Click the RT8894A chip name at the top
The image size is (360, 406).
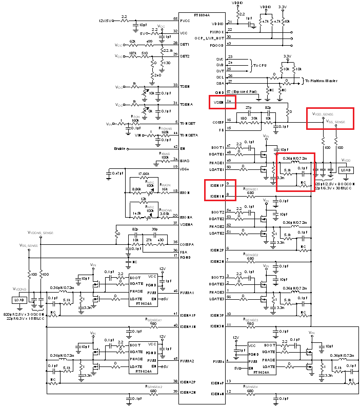pyautogui.click(x=202, y=15)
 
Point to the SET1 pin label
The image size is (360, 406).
pyautogui.click(x=185, y=44)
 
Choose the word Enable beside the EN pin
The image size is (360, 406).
pyautogui.click(x=122, y=149)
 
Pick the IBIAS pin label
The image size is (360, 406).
pyautogui.click(x=185, y=160)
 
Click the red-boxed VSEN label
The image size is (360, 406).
pyautogui.click(x=218, y=102)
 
